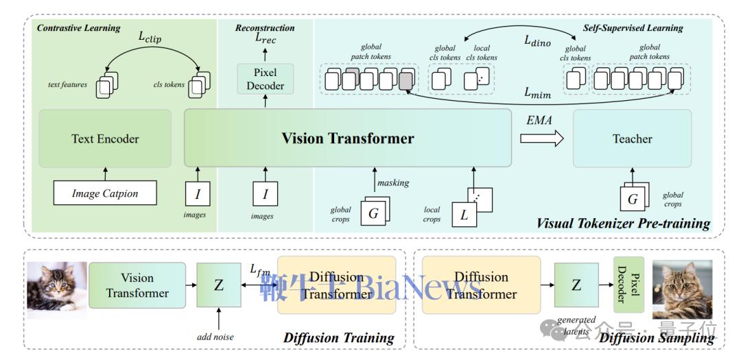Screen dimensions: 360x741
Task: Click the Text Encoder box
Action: pyautogui.click(x=105, y=139)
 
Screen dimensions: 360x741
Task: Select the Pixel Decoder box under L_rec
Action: pyautogui.click(x=265, y=79)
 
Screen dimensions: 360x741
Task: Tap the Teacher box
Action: pyautogui.click(x=632, y=139)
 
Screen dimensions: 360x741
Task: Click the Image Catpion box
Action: pyautogui.click(x=105, y=193)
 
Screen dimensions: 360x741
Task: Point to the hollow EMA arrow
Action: pyautogui.click(x=541, y=139)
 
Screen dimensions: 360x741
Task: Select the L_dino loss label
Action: pyautogui.click(x=538, y=40)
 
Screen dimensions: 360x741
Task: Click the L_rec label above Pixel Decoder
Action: pyautogui.click(x=266, y=39)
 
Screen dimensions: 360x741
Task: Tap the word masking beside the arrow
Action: pyautogui.click(x=392, y=182)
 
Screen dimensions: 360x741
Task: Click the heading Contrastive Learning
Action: pyautogui.click(x=78, y=28)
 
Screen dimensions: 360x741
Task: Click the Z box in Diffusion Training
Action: pyautogui.click(x=219, y=285)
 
